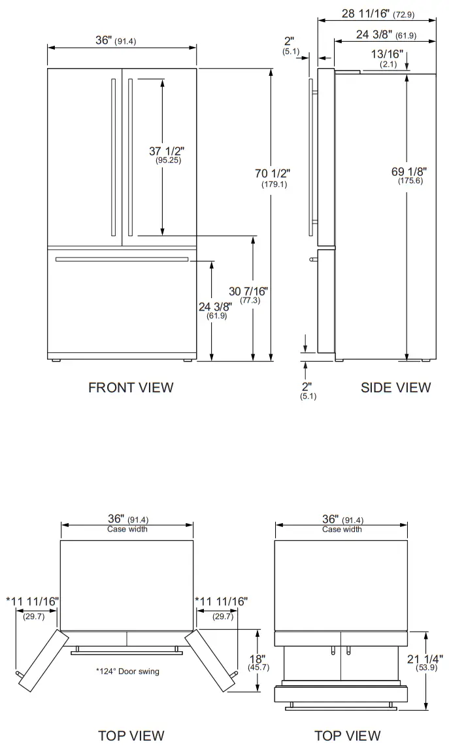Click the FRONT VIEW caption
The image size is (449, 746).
click(x=131, y=387)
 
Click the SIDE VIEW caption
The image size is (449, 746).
click(x=395, y=387)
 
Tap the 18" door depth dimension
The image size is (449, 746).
click(x=258, y=662)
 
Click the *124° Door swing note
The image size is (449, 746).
click(x=127, y=671)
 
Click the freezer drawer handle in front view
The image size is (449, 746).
click(x=122, y=260)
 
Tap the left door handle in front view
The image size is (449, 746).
click(x=114, y=158)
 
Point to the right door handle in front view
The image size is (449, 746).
click(x=131, y=158)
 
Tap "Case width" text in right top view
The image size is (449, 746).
click(x=341, y=529)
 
